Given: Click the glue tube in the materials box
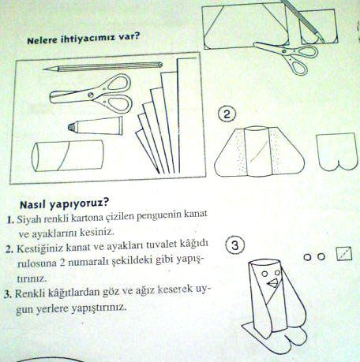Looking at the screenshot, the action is tap(96, 125).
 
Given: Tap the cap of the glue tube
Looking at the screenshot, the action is tap(73, 127).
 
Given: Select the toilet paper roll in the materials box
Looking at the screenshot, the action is tap(68, 156).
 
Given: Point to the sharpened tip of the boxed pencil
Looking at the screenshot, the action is tap(45, 69).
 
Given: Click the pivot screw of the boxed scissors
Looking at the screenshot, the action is tap(91, 95).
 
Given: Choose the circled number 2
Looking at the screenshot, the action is tap(227, 114).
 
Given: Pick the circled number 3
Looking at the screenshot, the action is tap(234, 245).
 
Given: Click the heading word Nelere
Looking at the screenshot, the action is tap(42, 40).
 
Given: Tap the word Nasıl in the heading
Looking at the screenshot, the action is tap(33, 204).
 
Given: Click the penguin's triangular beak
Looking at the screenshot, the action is tap(272, 283).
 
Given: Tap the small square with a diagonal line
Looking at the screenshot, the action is tap(344, 254).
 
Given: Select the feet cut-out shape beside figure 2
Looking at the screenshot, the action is tap(337, 151).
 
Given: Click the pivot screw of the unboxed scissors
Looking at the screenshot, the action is tap(284, 50).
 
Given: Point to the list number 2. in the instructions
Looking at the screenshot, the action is tap(9, 249).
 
